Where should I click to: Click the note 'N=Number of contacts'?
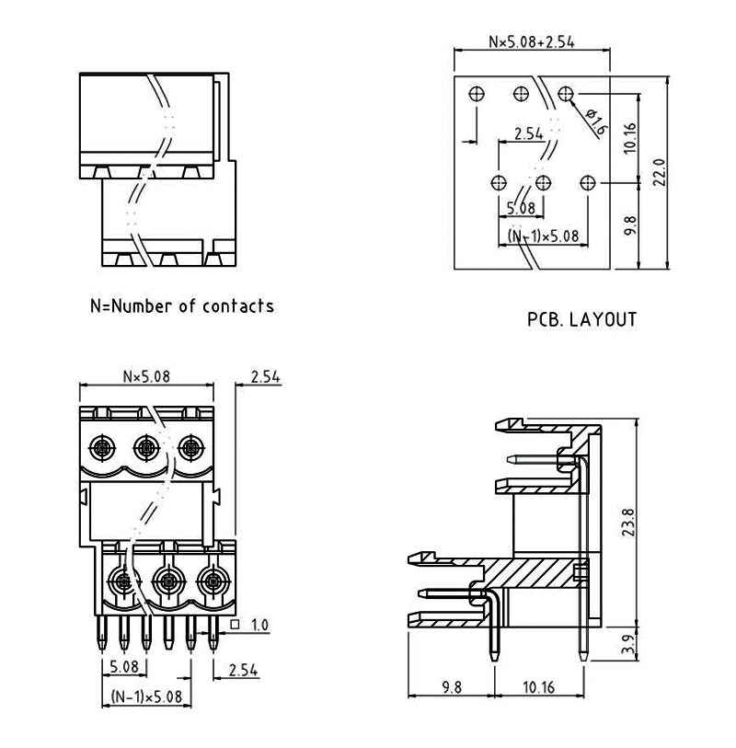tap(181, 305)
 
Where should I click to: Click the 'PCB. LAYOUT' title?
tap(581, 320)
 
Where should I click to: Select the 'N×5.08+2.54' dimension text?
tap(533, 42)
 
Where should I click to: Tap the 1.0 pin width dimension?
tap(259, 626)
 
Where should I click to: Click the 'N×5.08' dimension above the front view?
tap(147, 375)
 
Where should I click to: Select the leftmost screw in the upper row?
tap(102, 449)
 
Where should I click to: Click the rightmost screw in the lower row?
tap(213, 581)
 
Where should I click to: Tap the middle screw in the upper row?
tap(146, 449)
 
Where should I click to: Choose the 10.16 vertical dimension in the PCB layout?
tap(630, 138)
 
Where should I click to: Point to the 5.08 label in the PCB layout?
tap(521, 208)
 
